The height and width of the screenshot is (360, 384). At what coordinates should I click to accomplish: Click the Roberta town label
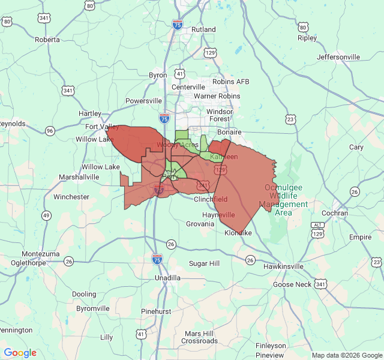(x=47, y=40)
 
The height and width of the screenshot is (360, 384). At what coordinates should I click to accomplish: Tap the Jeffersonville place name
(x=338, y=57)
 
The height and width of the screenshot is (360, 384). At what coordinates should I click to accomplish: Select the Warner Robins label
(x=217, y=96)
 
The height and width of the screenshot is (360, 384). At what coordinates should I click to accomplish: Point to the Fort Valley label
(x=102, y=127)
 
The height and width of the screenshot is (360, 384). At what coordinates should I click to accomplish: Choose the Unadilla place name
(x=167, y=278)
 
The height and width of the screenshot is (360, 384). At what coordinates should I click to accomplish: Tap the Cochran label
(x=334, y=213)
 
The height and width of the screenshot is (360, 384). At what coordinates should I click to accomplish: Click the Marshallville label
(x=79, y=178)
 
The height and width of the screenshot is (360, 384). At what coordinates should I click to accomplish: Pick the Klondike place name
(x=239, y=233)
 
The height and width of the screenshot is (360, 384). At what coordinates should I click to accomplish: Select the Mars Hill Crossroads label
(x=200, y=337)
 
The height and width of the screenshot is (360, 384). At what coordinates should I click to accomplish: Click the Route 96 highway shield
(x=50, y=131)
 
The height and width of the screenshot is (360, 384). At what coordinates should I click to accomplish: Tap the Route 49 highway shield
(x=46, y=215)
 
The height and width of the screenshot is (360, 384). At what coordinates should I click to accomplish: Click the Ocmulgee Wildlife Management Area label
(x=283, y=200)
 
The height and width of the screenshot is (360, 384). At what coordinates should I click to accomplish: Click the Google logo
(x=20, y=353)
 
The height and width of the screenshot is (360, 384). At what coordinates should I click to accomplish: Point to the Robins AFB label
(x=230, y=82)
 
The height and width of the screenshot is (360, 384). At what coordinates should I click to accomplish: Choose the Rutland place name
(x=203, y=29)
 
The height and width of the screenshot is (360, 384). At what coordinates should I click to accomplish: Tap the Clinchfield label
(x=210, y=199)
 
